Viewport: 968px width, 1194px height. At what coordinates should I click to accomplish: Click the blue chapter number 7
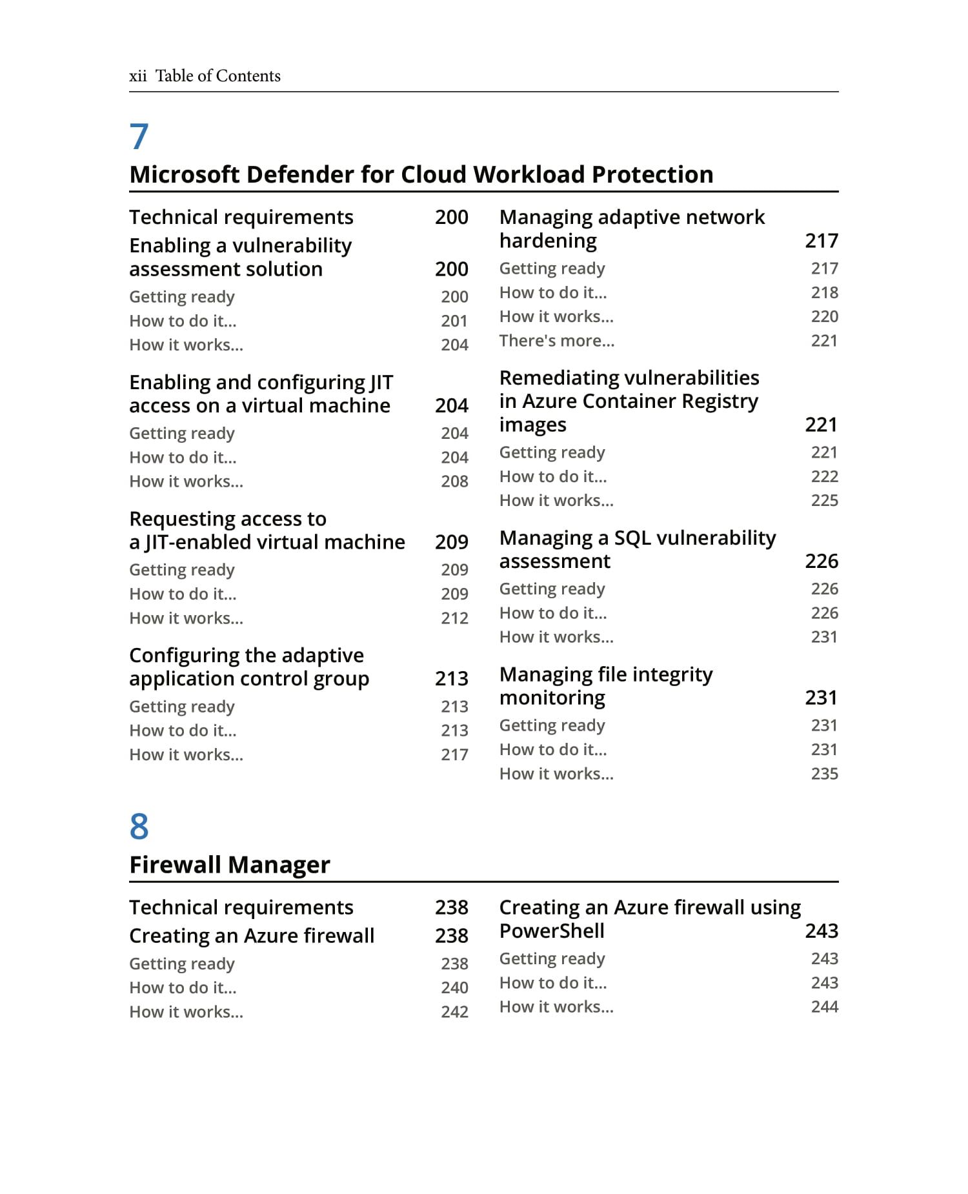click(139, 137)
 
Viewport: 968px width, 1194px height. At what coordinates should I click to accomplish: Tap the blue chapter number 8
click(139, 827)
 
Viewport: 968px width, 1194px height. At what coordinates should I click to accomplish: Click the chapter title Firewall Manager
click(229, 865)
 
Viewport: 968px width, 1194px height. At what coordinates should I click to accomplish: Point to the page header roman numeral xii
click(137, 76)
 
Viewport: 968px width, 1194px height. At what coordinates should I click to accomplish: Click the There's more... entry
click(556, 341)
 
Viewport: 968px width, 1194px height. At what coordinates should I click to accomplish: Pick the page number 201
click(454, 321)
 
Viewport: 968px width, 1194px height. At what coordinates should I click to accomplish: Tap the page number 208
click(454, 481)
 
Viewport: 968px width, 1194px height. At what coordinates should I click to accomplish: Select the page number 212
click(454, 618)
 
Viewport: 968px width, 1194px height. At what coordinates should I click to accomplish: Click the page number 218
click(824, 292)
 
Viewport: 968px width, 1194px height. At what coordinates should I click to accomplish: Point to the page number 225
click(824, 500)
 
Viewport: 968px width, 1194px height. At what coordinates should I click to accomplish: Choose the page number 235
click(824, 774)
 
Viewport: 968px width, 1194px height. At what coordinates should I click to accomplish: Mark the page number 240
click(454, 987)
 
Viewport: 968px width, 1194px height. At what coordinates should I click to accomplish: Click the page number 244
click(824, 1007)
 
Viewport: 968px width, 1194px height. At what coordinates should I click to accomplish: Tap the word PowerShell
click(552, 931)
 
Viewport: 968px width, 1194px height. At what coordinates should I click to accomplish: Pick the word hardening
click(548, 241)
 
